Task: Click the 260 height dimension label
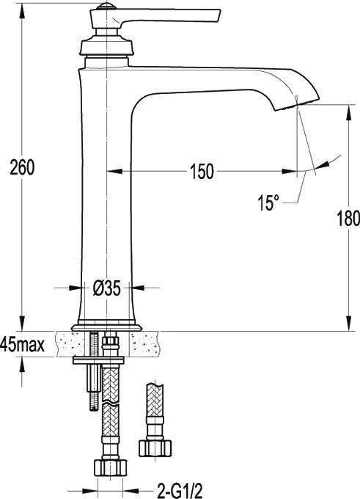(22, 168)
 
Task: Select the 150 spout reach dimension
(202, 172)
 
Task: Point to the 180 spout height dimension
(348, 219)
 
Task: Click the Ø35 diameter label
(107, 288)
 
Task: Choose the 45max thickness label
(22, 345)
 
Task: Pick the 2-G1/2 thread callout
(180, 491)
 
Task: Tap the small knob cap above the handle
(106, 6)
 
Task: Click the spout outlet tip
(298, 104)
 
